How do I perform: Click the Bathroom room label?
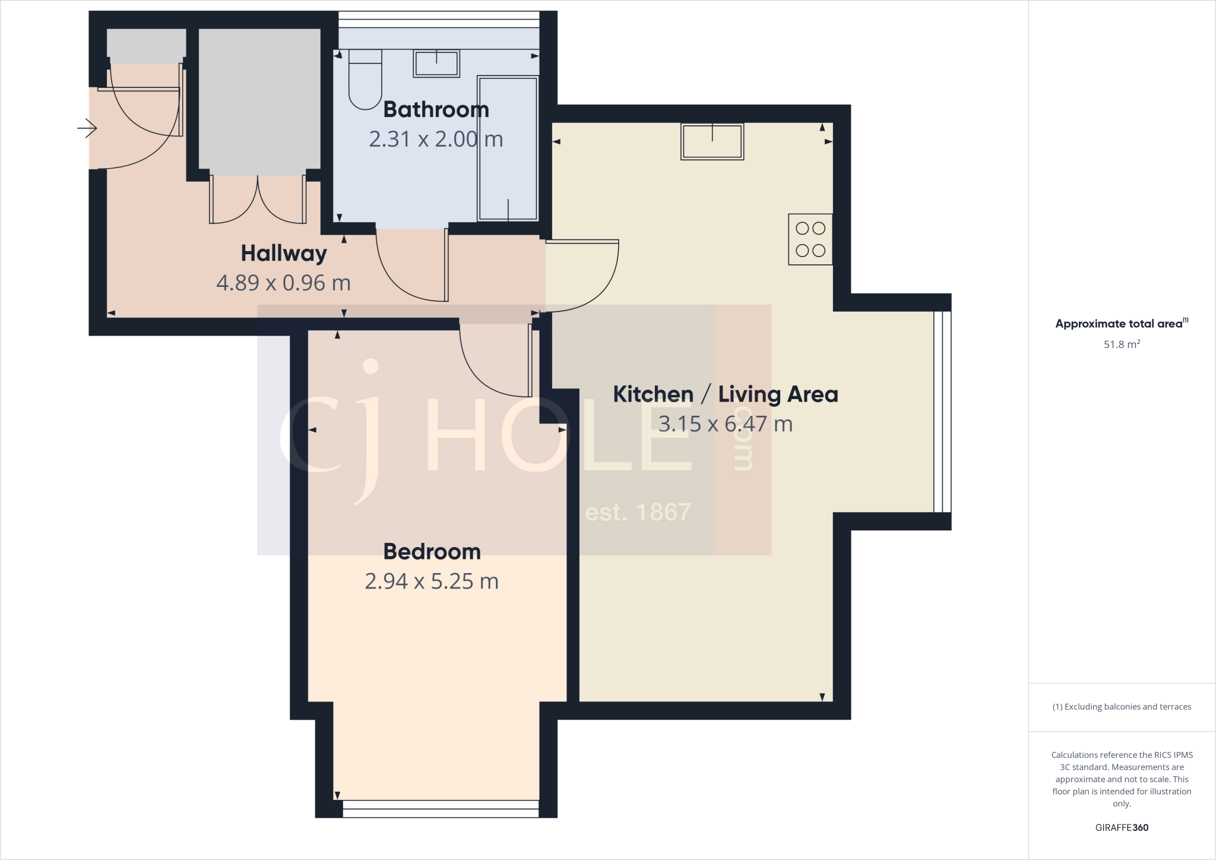tap(436, 110)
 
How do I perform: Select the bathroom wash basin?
tap(436, 64)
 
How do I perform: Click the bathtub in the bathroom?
tap(508, 148)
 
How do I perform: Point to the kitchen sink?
tap(712, 141)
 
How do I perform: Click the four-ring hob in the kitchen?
tap(810, 239)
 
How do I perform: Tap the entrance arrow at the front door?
tap(87, 128)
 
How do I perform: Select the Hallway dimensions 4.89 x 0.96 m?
tap(283, 283)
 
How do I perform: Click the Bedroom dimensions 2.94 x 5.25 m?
tap(432, 581)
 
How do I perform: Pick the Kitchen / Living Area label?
tap(725, 394)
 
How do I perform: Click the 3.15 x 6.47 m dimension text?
tap(725, 424)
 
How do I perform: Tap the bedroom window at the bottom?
tap(441, 808)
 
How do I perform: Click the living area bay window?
tap(942, 411)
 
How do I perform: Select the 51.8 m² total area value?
tap(1121, 344)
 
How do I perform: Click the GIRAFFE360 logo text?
tap(1121, 827)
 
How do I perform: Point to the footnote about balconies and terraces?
tap(1121, 707)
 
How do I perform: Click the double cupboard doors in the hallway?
tap(258, 201)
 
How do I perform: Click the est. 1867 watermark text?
tap(638, 513)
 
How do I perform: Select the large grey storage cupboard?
tap(259, 99)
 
